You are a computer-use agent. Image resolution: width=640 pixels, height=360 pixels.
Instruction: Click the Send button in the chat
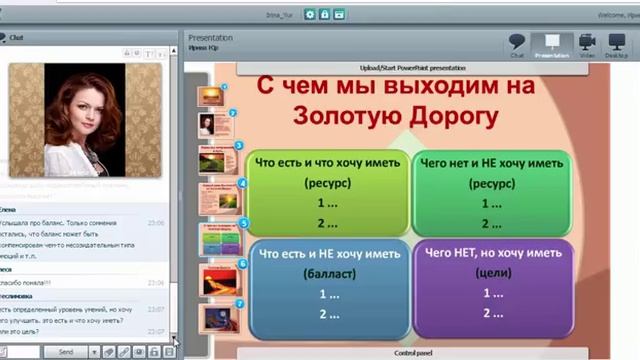click(65, 352)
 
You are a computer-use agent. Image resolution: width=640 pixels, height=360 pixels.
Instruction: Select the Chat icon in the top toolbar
click(517, 45)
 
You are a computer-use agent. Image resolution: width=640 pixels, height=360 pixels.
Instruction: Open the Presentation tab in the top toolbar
click(552, 45)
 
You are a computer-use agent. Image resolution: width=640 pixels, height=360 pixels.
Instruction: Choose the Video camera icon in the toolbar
click(587, 45)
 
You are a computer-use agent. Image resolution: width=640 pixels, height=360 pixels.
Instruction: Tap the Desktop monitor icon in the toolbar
click(617, 45)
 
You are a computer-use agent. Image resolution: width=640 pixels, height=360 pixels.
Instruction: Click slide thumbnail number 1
click(211, 96)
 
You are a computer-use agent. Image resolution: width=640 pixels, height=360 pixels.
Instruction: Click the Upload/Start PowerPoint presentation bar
click(396, 68)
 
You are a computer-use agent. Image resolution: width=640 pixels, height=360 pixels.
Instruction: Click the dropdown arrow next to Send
click(94, 352)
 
